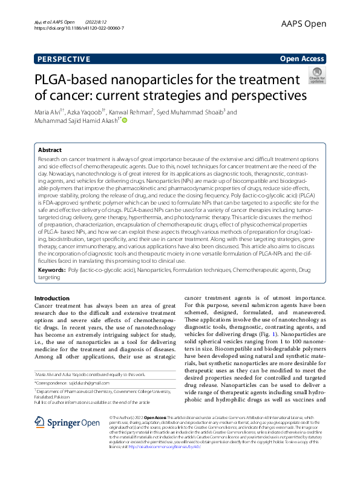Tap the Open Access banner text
302,59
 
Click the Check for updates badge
316,76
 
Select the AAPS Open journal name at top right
303,24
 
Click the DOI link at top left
79,28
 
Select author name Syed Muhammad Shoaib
191,112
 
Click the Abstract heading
50,150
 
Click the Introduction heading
52,298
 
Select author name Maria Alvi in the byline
49,112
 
